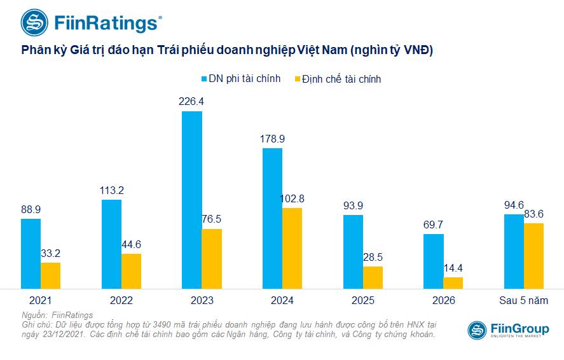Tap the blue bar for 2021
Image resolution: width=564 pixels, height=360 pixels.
[x=31, y=253]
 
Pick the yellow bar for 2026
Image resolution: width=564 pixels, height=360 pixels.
[x=453, y=282]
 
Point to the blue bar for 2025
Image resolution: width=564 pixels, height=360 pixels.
[x=353, y=251]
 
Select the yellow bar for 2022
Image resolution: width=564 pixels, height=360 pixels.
[x=131, y=271]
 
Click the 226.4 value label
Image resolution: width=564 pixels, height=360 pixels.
[x=192, y=100]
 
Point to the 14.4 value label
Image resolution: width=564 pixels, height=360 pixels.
[x=453, y=267]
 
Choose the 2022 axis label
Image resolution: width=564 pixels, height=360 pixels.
[x=121, y=300]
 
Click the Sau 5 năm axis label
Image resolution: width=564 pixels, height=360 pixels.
[x=524, y=300]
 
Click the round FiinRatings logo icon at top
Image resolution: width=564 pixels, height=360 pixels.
[x=34, y=22]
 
